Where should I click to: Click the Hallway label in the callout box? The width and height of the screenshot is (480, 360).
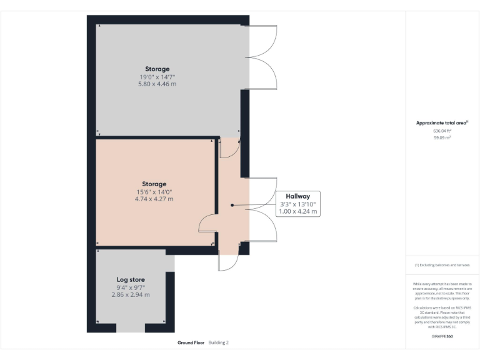pyautogui.click(x=298, y=196)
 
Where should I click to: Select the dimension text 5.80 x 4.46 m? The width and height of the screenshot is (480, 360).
pyautogui.click(x=157, y=84)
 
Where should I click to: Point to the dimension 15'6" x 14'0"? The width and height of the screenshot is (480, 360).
pyautogui.click(x=153, y=192)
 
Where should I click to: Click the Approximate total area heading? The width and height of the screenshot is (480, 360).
pyautogui.click(x=442, y=123)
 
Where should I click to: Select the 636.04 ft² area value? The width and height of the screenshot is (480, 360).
pyautogui.click(x=442, y=131)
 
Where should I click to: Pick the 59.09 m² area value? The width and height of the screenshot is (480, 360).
pyautogui.click(x=442, y=137)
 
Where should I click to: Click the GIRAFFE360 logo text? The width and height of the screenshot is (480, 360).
pyautogui.click(x=442, y=336)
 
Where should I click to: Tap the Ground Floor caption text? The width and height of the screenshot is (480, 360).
pyautogui.click(x=192, y=342)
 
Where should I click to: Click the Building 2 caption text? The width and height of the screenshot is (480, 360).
pyautogui.click(x=219, y=342)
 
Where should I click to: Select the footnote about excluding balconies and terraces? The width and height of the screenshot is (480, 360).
pyautogui.click(x=442, y=265)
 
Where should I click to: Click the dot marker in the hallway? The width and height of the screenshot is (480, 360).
pyautogui.click(x=232, y=205)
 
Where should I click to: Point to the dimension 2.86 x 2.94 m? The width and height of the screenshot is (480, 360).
pyautogui.click(x=131, y=294)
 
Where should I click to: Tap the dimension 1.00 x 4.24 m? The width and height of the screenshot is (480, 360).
pyautogui.click(x=298, y=212)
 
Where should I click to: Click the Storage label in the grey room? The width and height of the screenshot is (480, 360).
pyautogui.click(x=157, y=69)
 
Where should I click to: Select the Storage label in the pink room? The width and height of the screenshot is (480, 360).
pyautogui.click(x=153, y=184)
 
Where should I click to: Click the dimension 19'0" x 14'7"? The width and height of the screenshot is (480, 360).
pyautogui.click(x=157, y=76)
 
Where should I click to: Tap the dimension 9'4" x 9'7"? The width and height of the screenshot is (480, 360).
pyautogui.click(x=131, y=287)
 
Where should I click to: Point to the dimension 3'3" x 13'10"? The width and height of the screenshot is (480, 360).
pyautogui.click(x=298, y=204)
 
